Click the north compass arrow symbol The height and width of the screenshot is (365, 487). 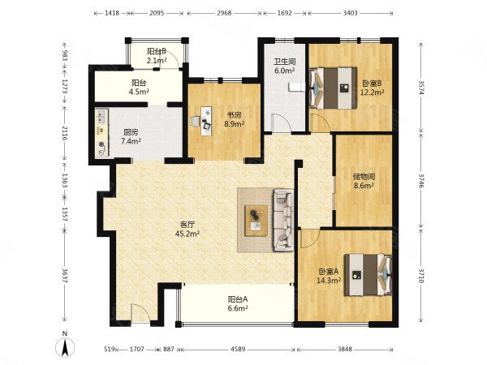pos(65,347)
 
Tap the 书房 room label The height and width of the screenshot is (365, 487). pos(235,115)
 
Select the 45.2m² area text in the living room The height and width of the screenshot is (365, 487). pos(187,233)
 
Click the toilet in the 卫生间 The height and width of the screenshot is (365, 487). pos(295,88)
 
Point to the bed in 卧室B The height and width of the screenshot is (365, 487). pos(333,88)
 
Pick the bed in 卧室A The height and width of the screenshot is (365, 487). pos(368,275)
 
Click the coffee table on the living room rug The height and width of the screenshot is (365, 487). pos(256,221)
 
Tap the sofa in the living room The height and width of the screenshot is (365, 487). pos(283,220)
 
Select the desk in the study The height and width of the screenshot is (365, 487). pos(206,121)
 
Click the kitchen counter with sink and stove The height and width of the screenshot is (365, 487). pos(101,133)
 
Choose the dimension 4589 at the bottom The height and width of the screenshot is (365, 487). pos(238,349)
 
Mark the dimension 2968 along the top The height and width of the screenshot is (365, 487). pos(224,13)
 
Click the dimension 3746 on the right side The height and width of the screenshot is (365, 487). pos(421,180)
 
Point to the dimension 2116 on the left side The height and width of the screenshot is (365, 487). pos(64,133)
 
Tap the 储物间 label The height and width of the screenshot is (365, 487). pos(364,177)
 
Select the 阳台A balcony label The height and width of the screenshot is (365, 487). pos(238,299)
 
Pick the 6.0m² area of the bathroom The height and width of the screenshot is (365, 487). pos(285,71)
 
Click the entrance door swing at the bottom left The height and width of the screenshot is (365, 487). pos(140,314)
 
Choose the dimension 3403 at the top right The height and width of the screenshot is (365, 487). pos(350,13)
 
